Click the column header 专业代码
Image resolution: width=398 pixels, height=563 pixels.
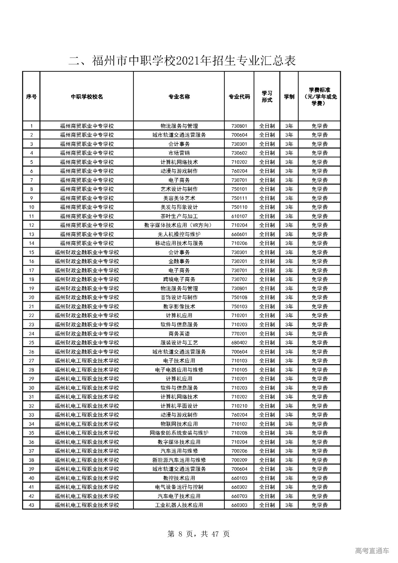[x=239, y=97]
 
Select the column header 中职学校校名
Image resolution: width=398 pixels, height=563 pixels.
[x=87, y=97]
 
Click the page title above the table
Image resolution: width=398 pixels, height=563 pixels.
[x=182, y=61]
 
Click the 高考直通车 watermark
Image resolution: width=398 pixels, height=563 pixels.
[x=372, y=551]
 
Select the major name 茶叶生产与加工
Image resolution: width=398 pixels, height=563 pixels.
[x=179, y=216]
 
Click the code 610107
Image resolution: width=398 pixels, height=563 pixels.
[x=239, y=216]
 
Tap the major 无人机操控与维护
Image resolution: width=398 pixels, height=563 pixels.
[x=179, y=234]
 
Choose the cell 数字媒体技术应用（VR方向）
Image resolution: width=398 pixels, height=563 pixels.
[x=179, y=225]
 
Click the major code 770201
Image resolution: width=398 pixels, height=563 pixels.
[x=239, y=333]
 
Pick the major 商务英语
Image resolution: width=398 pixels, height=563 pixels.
[x=179, y=333]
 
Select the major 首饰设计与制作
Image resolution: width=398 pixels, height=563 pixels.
[x=179, y=297]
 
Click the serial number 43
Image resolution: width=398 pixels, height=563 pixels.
[x=31, y=505]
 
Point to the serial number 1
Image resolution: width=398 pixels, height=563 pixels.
[x=31, y=126]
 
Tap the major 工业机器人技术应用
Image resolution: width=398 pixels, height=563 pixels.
[x=179, y=505]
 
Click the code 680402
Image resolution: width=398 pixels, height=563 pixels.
[x=239, y=342]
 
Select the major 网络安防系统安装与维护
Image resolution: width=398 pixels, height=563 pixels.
[x=179, y=433]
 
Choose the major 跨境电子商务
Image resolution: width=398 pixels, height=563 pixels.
[x=179, y=279]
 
